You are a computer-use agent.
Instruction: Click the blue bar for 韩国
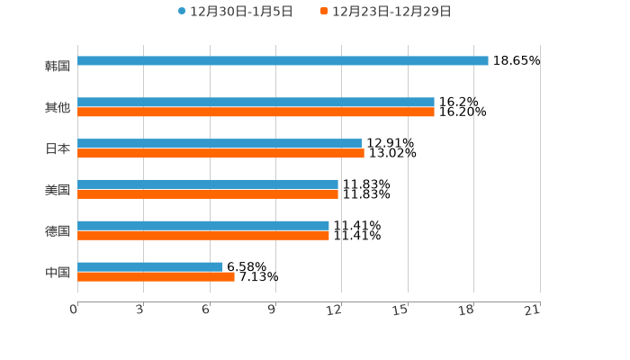coord(283,61)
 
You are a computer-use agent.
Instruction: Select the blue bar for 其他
coord(256,103)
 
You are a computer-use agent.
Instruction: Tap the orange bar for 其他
coord(256,112)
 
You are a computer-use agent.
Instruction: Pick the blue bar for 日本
coord(220,144)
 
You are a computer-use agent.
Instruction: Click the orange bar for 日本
coord(220,154)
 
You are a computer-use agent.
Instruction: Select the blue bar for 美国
coord(208,184)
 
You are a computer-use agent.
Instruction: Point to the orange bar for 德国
coord(203,236)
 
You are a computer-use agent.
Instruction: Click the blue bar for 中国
coord(150,266)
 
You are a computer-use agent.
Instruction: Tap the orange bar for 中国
coord(156,277)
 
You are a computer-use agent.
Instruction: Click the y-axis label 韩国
coord(58,66)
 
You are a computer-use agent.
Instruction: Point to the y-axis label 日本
coord(58,148)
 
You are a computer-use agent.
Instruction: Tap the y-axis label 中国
coord(58,272)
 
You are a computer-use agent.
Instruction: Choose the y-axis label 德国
coord(58,230)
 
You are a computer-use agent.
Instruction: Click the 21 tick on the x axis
coord(532,310)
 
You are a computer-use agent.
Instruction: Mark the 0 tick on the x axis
coord(75,310)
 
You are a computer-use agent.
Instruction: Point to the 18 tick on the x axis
coord(466,310)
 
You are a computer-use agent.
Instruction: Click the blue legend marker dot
coord(182,12)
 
